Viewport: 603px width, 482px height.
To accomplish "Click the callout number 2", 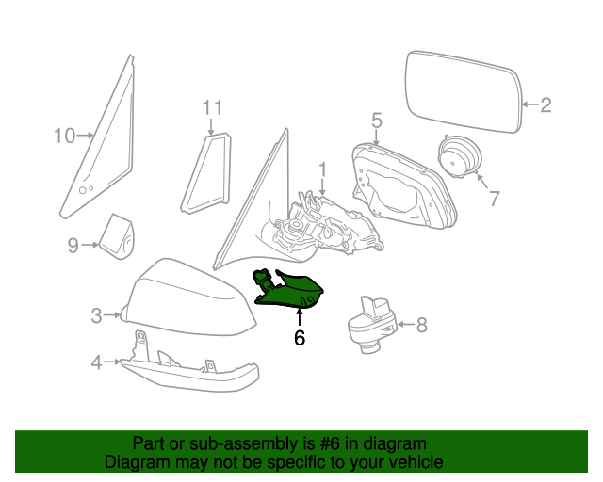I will tap(546, 105).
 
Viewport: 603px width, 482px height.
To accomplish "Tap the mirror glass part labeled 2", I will tap(462, 94).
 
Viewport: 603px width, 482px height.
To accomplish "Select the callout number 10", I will tap(63, 136).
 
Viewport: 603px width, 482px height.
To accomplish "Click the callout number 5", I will tap(376, 120).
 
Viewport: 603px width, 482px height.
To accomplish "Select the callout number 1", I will tap(321, 169).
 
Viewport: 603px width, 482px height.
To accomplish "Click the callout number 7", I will tap(491, 199).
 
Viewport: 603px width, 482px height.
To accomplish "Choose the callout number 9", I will tap(73, 246).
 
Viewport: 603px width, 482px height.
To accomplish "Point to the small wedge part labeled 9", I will tap(118, 236).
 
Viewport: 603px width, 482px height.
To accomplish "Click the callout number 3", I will tap(96, 315).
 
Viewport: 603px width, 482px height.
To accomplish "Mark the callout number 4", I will tap(96, 361).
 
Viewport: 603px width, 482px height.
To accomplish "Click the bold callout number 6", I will tap(300, 337).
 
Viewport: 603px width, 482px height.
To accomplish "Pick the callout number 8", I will tap(421, 326).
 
